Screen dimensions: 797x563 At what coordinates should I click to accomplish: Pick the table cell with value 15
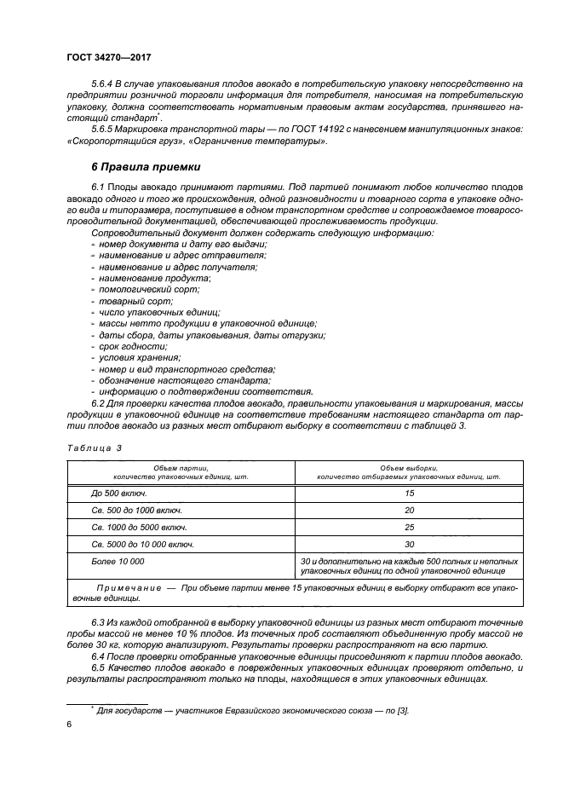pyautogui.click(x=409, y=494)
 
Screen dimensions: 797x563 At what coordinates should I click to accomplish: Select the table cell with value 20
pyautogui.click(x=409, y=511)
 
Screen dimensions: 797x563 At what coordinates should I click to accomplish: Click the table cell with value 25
pyautogui.click(x=409, y=528)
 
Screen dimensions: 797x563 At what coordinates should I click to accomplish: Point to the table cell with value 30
pyautogui.click(x=409, y=544)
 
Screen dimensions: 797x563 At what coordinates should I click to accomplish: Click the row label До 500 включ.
pyautogui.click(x=119, y=494)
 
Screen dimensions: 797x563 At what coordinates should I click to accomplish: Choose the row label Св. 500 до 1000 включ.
pyautogui.click(x=136, y=511)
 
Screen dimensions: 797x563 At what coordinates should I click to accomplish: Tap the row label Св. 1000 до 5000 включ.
pyautogui.click(x=140, y=528)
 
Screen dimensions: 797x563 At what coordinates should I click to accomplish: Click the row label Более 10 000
pyautogui.click(x=118, y=561)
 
